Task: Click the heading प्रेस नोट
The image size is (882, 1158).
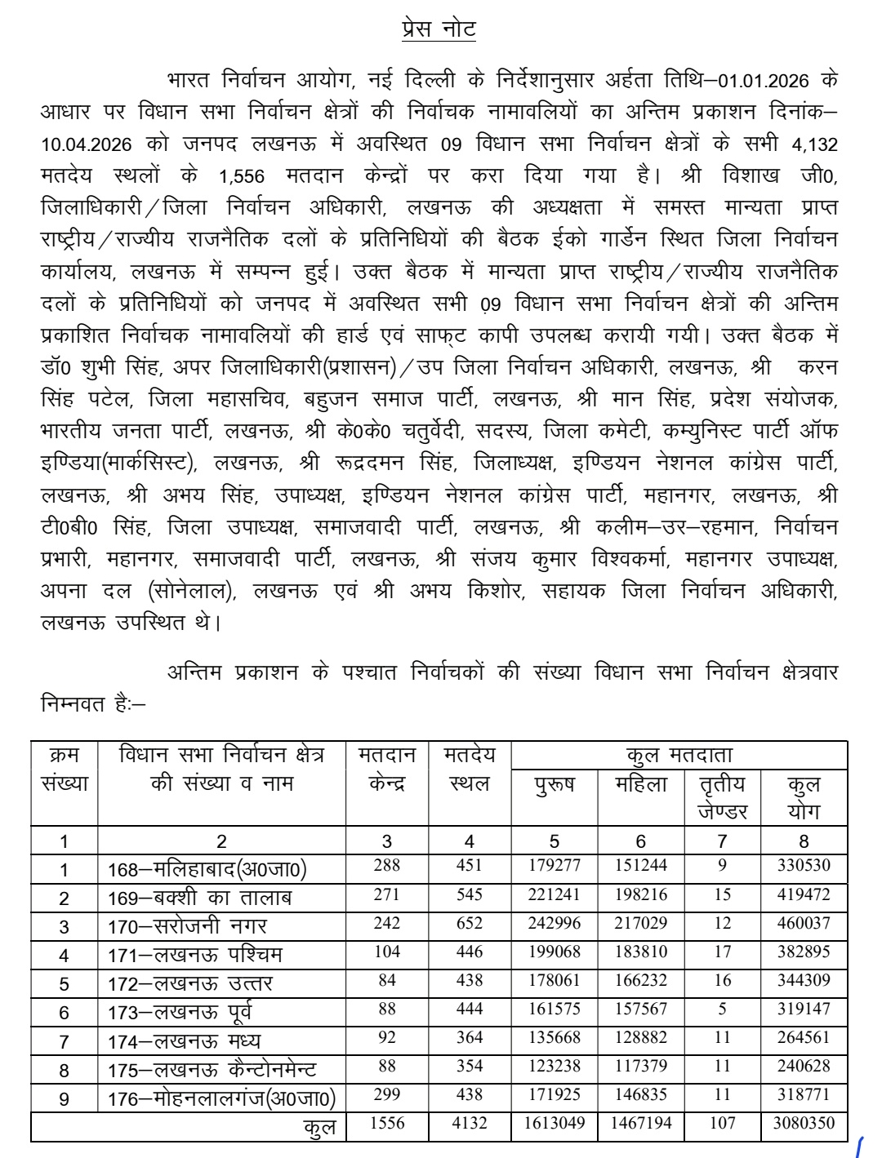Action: click(439, 29)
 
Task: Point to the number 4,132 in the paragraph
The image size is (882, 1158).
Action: click(814, 144)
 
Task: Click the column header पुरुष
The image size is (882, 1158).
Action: click(555, 784)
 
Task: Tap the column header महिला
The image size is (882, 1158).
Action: click(640, 784)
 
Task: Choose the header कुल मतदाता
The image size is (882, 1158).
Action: click(679, 755)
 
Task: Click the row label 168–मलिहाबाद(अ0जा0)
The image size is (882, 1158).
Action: click(207, 869)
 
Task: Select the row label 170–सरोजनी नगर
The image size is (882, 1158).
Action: click(187, 926)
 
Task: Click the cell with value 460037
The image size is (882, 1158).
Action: click(804, 923)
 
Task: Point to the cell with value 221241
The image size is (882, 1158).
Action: click(555, 894)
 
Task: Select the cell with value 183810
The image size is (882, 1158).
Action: click(640, 952)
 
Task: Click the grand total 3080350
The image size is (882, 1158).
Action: click(804, 1123)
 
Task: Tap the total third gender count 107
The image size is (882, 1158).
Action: click(722, 1123)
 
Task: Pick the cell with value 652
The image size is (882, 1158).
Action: click(470, 923)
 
